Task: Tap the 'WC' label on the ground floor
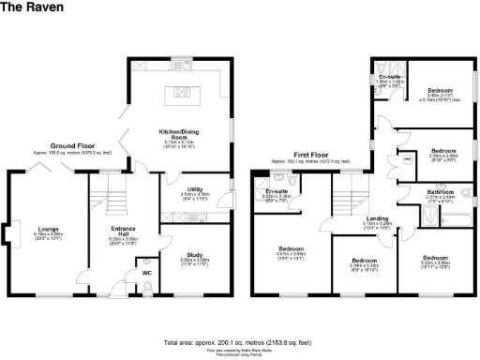pos(145,273)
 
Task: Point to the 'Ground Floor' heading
pos(77,146)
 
